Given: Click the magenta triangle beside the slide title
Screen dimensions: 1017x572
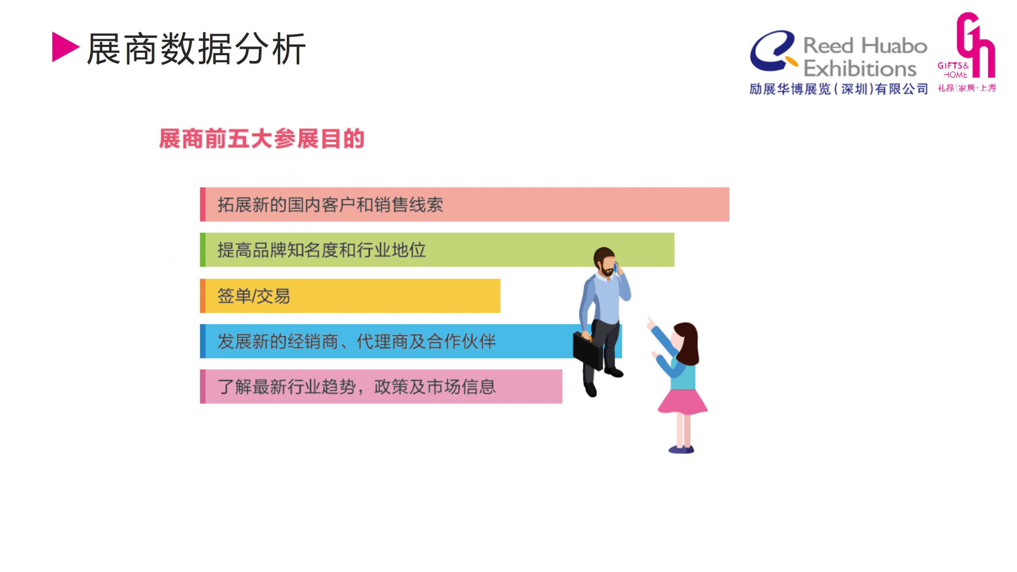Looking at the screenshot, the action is point(64,47).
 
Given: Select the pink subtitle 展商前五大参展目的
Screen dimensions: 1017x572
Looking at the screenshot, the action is point(261,139).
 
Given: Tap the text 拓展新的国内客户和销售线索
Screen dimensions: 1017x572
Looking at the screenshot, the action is point(330,205).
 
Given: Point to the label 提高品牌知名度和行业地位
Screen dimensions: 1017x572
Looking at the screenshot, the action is point(321,250).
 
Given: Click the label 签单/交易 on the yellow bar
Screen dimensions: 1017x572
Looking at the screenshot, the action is point(253,296).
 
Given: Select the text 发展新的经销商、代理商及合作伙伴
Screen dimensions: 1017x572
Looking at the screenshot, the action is point(356,341).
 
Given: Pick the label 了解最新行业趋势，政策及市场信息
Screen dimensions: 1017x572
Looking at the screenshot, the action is point(356,386).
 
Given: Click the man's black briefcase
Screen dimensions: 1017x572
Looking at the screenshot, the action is point(588,350).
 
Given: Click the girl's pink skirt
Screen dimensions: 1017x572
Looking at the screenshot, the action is point(683,402).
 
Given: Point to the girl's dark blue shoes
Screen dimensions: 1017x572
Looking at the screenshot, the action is point(681,449).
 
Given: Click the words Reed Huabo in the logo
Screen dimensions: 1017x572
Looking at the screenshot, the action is point(865,46).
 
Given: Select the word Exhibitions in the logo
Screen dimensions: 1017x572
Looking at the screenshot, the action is point(860,68).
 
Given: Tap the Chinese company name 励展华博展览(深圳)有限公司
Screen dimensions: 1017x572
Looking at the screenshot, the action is point(839,89).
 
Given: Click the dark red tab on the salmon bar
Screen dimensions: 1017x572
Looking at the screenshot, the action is point(203,204).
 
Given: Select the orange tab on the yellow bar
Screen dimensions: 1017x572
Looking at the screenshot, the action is point(203,296).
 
